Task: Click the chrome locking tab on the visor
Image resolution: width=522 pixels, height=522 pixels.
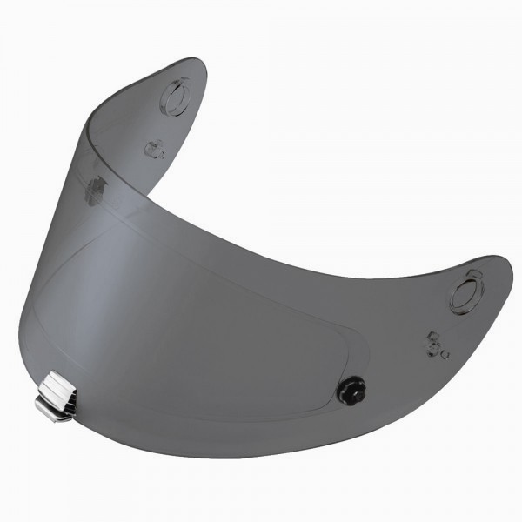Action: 57,395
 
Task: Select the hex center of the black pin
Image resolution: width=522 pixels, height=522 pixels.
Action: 352,389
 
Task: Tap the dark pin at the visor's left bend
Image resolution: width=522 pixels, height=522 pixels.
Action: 95,189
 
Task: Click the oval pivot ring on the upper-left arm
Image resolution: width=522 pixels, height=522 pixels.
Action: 175,97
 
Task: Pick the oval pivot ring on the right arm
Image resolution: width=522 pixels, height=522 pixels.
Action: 466,293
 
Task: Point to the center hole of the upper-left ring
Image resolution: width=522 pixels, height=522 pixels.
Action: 175,98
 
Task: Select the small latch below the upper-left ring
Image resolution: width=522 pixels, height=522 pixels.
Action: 154,149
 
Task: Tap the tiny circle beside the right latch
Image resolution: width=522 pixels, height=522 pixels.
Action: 445,354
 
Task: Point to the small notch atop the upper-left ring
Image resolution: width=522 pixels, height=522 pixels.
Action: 180,80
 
